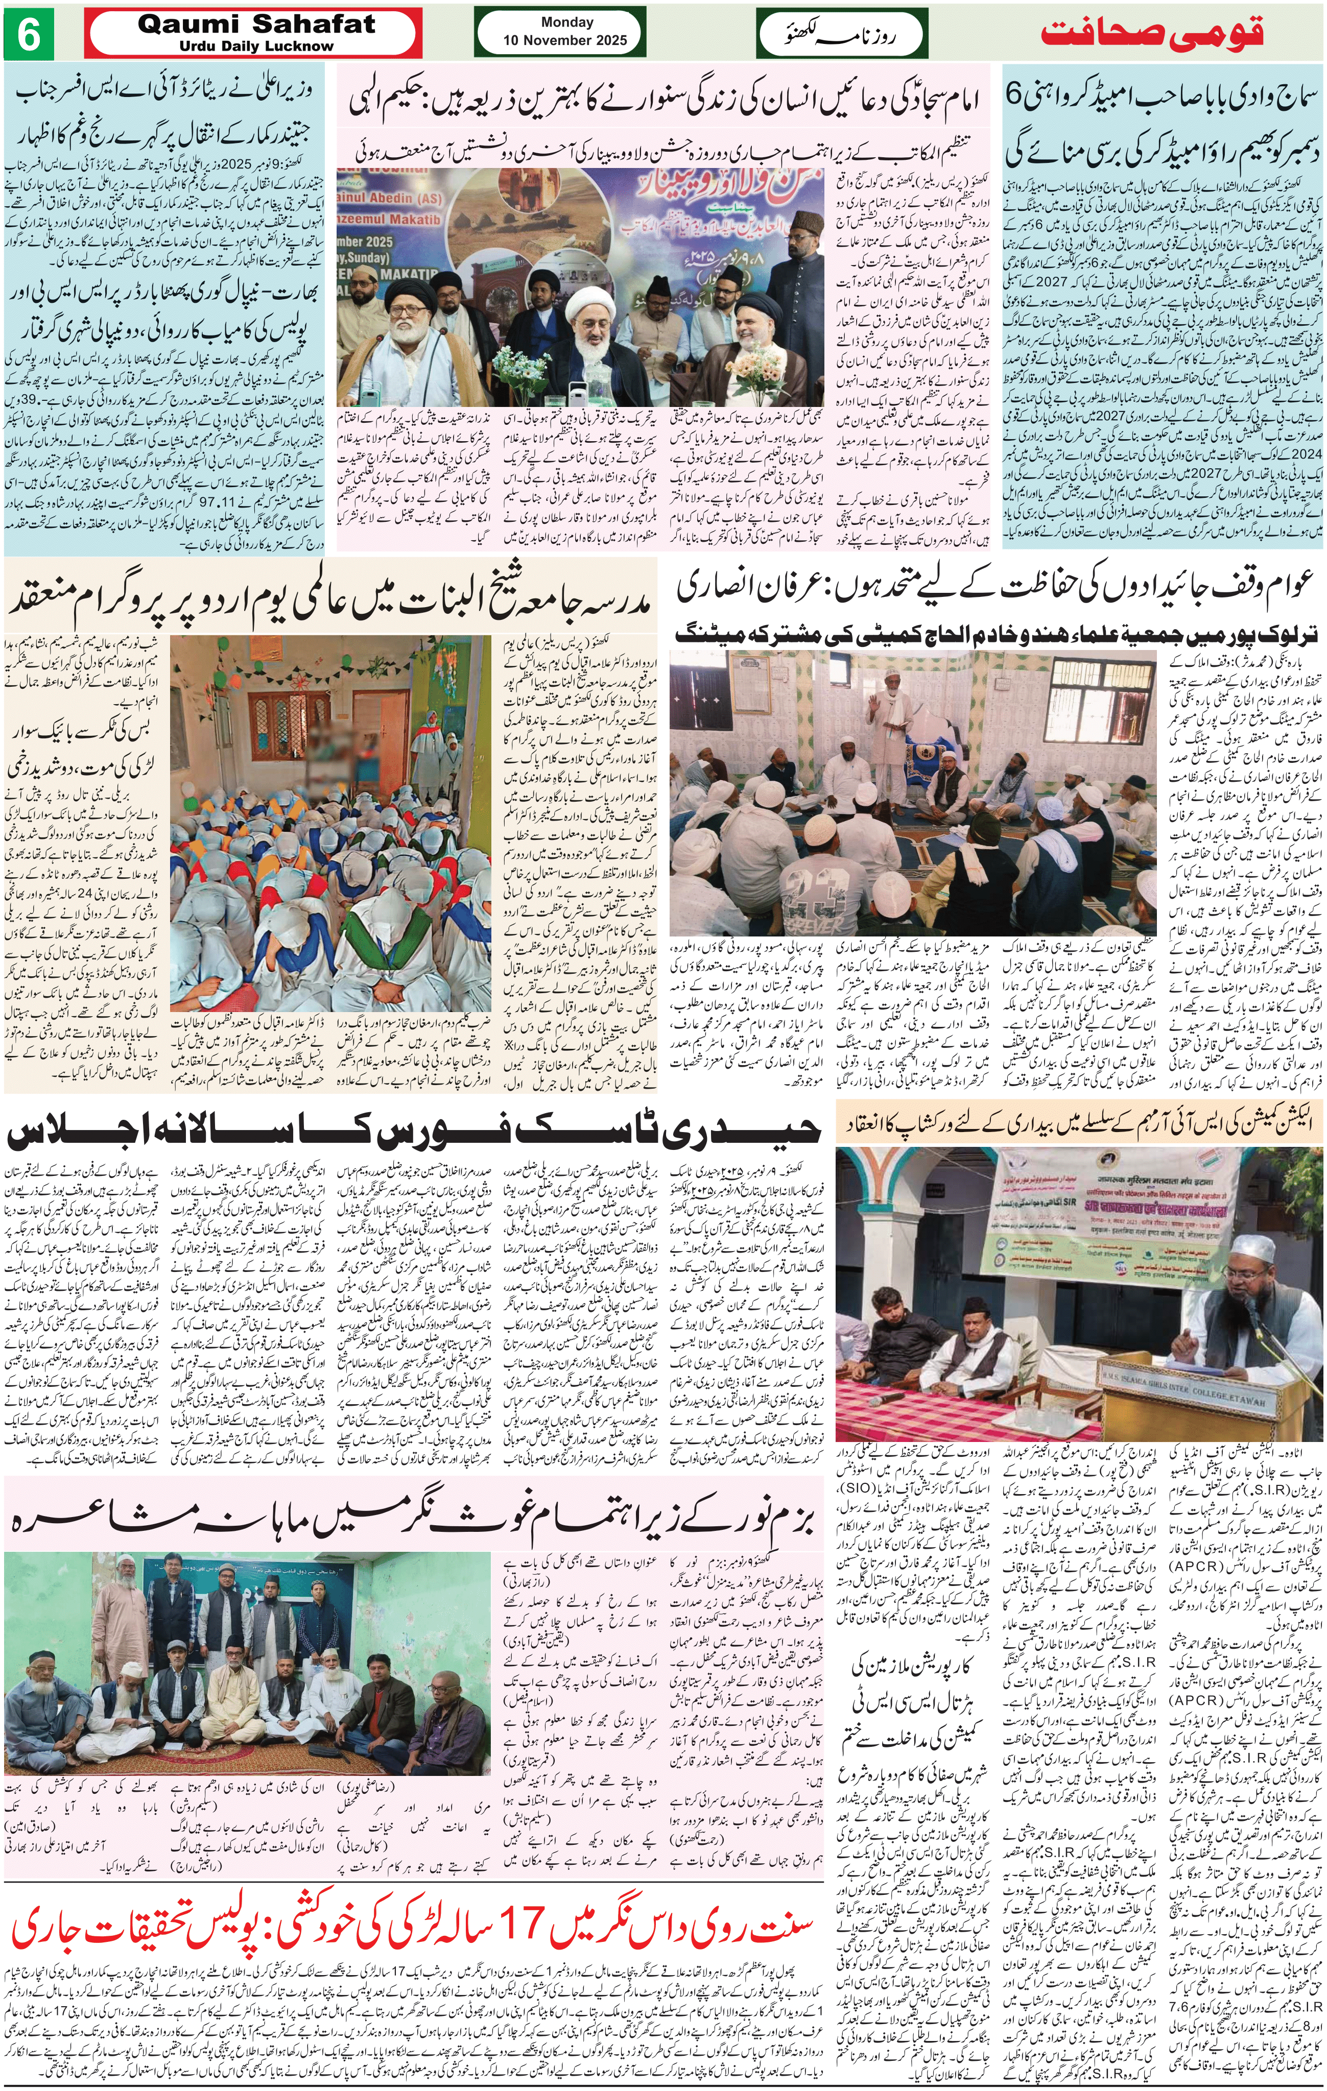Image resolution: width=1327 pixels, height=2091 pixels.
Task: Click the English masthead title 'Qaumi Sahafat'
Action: [x=256, y=25]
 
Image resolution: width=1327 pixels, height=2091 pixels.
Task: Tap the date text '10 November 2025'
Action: [x=566, y=40]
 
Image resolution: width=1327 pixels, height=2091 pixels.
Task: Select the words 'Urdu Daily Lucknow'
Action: [x=256, y=46]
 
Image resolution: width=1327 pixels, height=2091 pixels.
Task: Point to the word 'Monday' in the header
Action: [x=566, y=22]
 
